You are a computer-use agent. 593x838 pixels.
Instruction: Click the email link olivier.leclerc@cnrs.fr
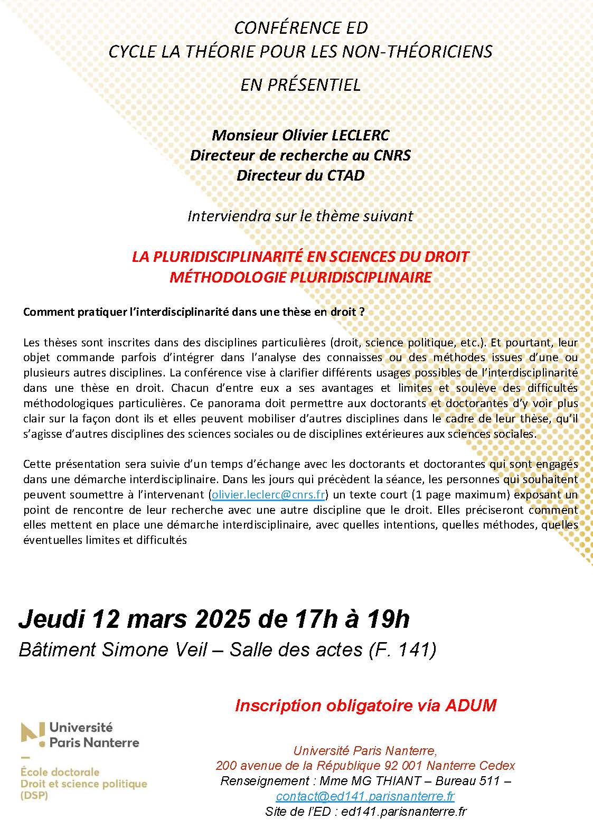[268, 495]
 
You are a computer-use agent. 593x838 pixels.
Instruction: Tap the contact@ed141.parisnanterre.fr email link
[365, 796]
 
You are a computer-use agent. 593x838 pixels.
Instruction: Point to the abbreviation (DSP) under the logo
[34, 796]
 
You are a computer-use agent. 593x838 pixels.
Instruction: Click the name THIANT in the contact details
[399, 780]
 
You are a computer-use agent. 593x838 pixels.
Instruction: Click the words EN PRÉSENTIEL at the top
[300, 84]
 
